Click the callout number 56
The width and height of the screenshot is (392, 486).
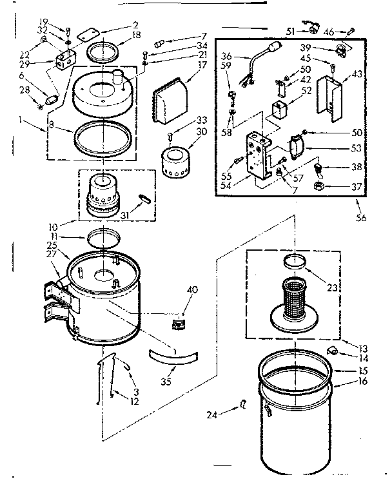[x=360, y=217]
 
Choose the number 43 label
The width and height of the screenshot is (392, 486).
[x=355, y=75]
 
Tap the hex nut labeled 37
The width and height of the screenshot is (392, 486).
[x=318, y=188]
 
